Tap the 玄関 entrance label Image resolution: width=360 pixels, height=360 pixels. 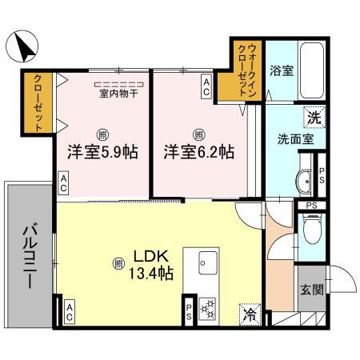[311, 290]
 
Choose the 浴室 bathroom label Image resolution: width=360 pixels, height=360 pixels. [281, 70]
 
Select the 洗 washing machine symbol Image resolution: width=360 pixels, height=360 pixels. [314, 118]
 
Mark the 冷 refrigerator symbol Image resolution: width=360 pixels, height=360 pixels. [250, 314]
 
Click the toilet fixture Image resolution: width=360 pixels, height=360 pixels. [313, 231]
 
